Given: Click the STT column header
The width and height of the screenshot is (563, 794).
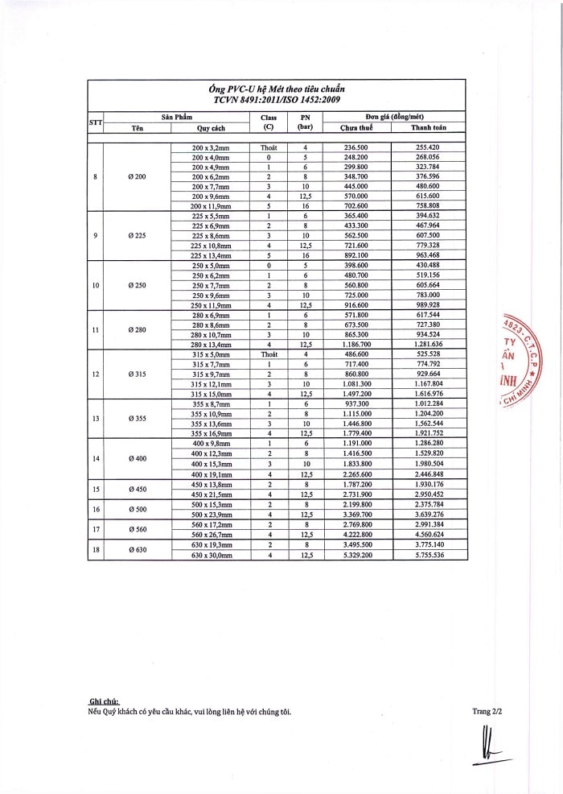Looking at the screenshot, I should [x=95, y=122].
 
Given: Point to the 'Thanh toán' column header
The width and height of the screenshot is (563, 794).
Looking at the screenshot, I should [x=428, y=127].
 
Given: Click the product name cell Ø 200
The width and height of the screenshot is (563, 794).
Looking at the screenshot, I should [x=135, y=176].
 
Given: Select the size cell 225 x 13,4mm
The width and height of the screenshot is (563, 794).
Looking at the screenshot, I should [x=211, y=254].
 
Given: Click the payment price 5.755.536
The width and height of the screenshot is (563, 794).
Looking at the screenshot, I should [x=429, y=555].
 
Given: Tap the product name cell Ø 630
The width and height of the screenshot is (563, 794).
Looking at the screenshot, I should [x=135, y=550].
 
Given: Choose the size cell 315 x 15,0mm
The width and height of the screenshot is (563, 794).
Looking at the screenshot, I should [x=211, y=394].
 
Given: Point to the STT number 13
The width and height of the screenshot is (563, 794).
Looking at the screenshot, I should [x=96, y=419].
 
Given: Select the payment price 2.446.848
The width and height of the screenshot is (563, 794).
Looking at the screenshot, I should [x=429, y=475].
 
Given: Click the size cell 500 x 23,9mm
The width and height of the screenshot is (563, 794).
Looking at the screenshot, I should [x=211, y=515].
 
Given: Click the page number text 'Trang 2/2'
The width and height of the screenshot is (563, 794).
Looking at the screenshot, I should [x=487, y=711].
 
